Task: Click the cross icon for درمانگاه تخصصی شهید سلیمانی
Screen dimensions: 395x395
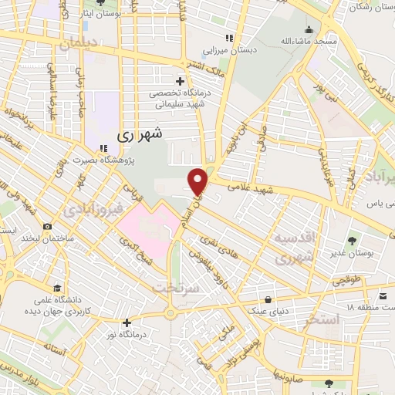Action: click(x=181, y=80)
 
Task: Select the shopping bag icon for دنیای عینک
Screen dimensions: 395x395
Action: click(x=268, y=299)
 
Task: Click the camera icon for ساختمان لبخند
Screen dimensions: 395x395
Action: click(x=48, y=227)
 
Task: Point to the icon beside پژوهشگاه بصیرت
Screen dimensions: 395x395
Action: click(x=102, y=150)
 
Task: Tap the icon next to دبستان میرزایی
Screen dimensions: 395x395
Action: click(x=228, y=38)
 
